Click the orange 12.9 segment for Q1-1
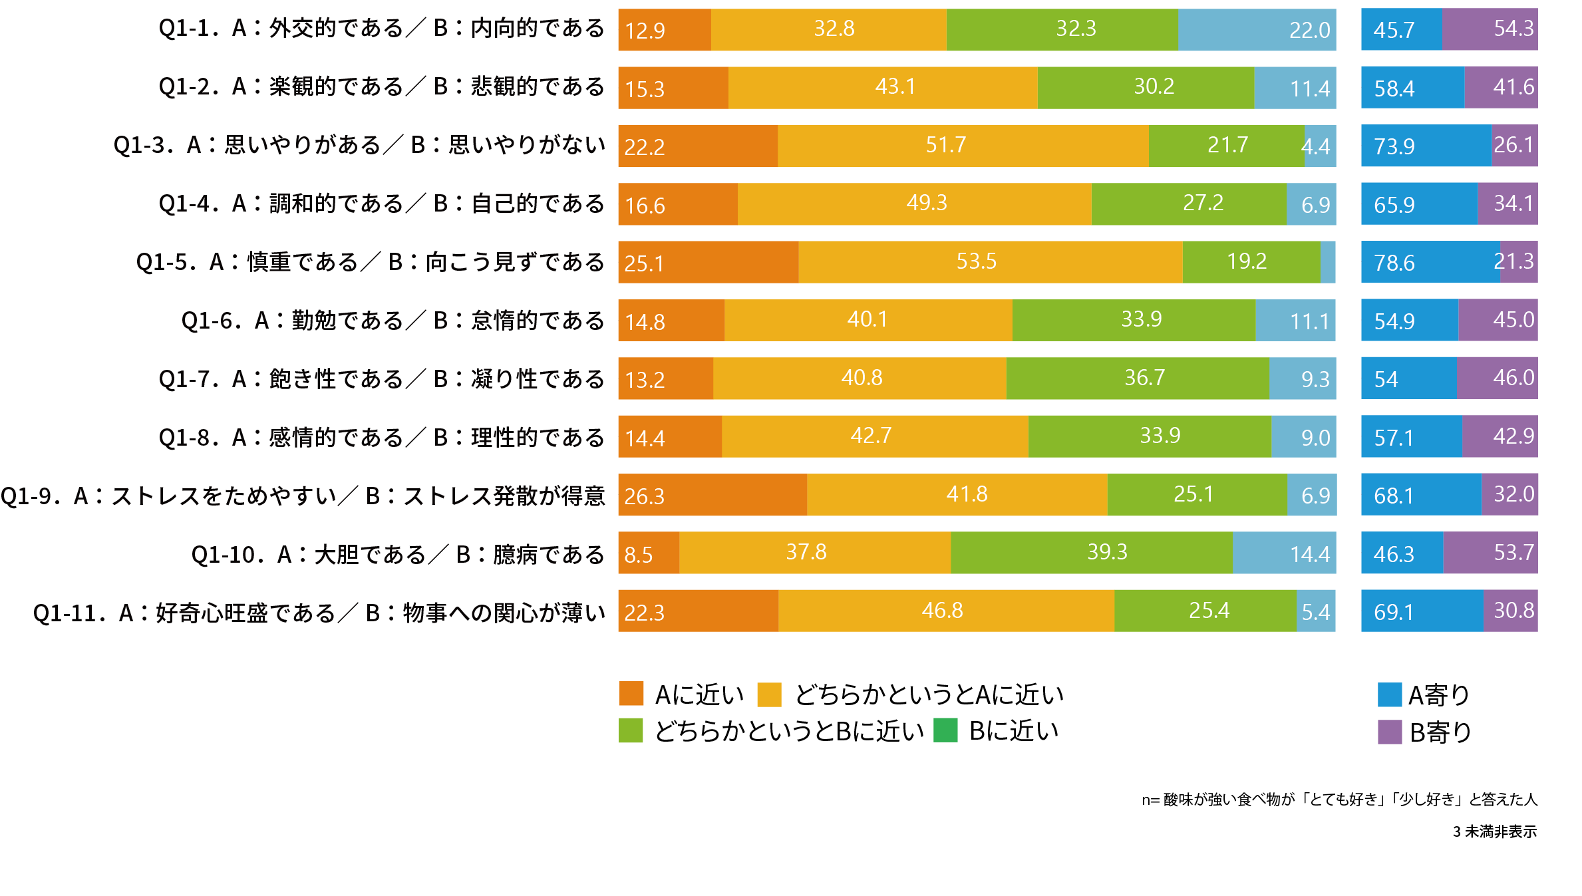664,30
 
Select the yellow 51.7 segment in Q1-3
962,146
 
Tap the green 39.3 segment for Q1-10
1091,553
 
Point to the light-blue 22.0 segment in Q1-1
1256,30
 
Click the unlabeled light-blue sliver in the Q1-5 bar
1328,262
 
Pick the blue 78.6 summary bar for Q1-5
1430,262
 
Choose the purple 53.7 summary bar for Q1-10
1490,553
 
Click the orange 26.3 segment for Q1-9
712,495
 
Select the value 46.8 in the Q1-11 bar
942,611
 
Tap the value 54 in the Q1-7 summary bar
1386,379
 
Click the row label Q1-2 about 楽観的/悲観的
381,87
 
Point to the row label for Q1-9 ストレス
303,496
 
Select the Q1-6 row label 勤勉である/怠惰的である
393,321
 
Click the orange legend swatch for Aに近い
631,694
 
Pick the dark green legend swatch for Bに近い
945,730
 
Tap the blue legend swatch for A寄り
1390,694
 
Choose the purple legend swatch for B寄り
1390,732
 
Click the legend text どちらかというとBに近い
789,731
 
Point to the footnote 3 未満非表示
1494,832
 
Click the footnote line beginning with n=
1339,800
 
